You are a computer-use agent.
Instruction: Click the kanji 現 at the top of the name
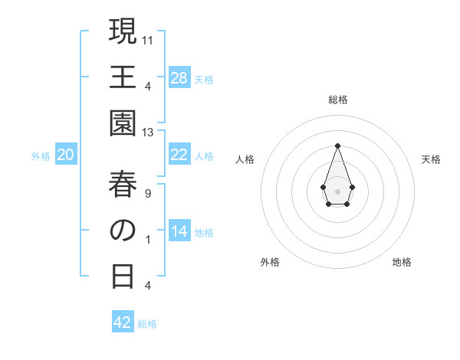pos(123,32)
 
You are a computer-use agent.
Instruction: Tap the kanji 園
pos(123,123)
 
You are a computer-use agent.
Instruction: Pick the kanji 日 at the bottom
pos(123,276)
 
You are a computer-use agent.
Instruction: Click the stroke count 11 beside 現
pos(149,40)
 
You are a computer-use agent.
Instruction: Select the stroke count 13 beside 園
pos(149,133)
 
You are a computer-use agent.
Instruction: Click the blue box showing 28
pos(179,78)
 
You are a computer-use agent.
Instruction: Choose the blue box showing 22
pos(179,155)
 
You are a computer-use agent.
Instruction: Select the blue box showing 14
pos(179,231)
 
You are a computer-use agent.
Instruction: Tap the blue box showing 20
pos(66,155)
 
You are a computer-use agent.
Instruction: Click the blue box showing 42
pos(123,322)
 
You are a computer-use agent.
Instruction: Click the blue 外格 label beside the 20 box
pos(41,156)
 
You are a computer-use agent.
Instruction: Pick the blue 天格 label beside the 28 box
pos(204,79)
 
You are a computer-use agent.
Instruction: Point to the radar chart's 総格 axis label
pos(337,100)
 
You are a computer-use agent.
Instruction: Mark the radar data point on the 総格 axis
pos(337,146)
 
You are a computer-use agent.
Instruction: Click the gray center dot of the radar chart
pos(337,190)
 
